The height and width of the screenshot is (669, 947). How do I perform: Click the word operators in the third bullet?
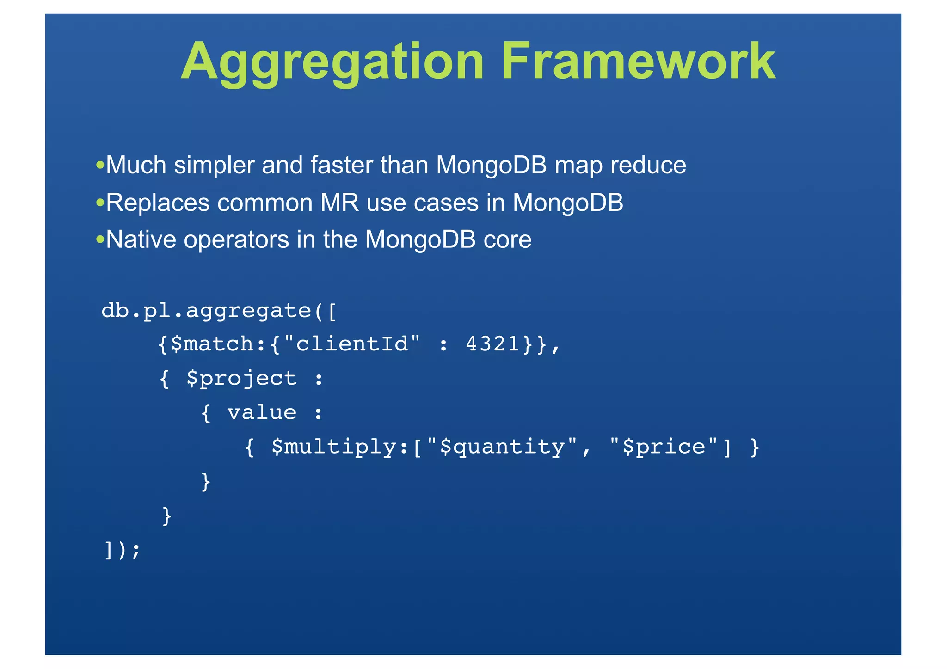click(x=236, y=240)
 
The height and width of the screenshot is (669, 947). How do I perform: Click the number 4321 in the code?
click(x=493, y=344)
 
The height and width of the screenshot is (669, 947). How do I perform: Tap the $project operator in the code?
click(x=241, y=379)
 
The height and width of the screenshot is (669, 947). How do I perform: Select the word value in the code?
click(x=262, y=412)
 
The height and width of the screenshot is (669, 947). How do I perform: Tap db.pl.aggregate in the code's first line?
click(x=206, y=311)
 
